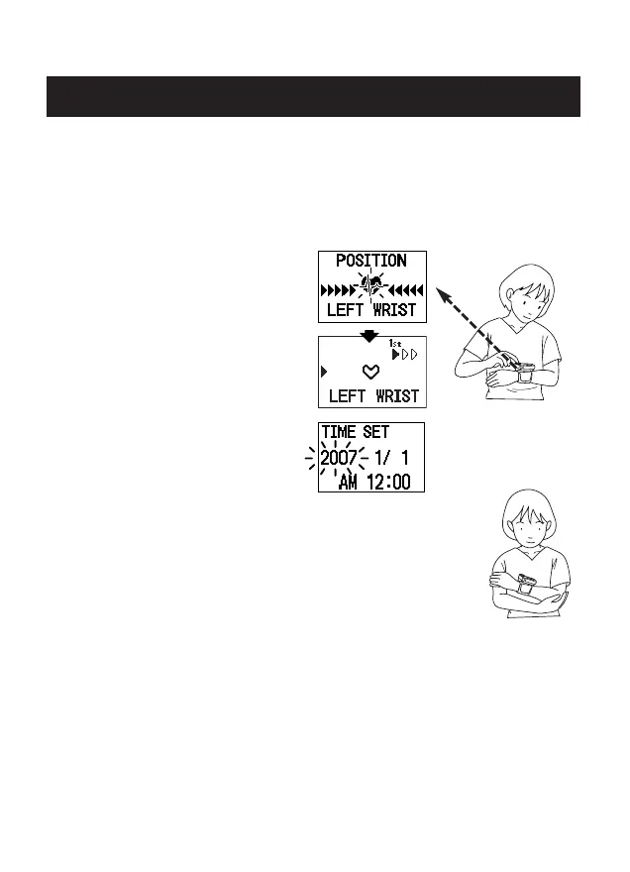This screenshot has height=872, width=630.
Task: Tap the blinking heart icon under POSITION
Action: pyautogui.click(x=370, y=287)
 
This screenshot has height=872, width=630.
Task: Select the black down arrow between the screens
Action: pyautogui.click(x=369, y=336)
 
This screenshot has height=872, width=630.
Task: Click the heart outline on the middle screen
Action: pyautogui.click(x=370, y=373)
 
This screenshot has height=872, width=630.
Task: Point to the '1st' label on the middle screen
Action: pyautogui.click(x=395, y=344)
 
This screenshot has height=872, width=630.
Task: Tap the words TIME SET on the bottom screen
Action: pyautogui.click(x=355, y=433)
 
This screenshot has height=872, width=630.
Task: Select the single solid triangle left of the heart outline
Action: pyautogui.click(x=323, y=373)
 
